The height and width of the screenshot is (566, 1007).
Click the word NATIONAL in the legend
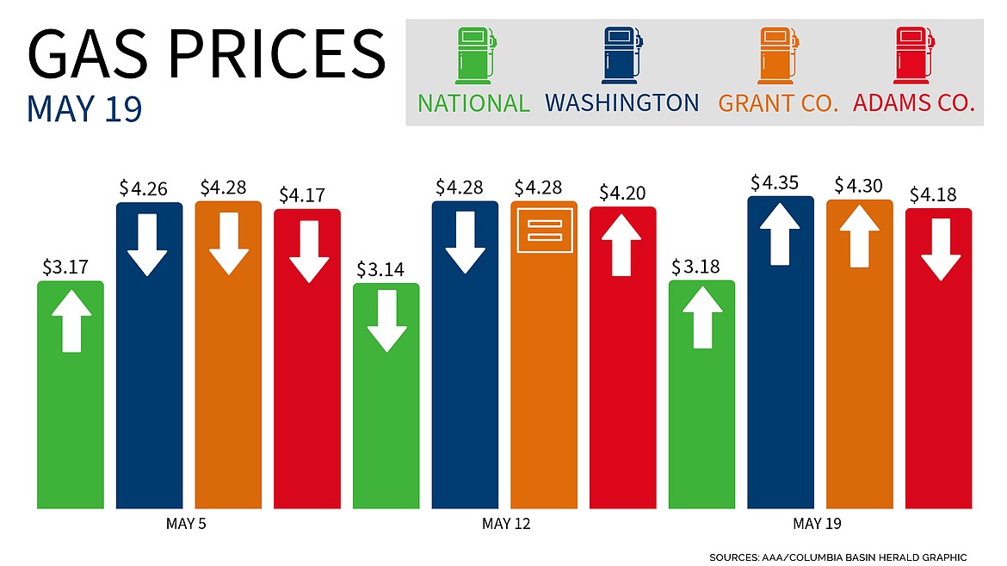474,103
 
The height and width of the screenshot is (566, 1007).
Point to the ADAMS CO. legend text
914,103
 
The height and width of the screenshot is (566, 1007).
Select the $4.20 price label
623,192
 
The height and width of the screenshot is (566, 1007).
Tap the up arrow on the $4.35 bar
780,233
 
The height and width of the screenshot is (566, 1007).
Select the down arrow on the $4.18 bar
938,249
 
